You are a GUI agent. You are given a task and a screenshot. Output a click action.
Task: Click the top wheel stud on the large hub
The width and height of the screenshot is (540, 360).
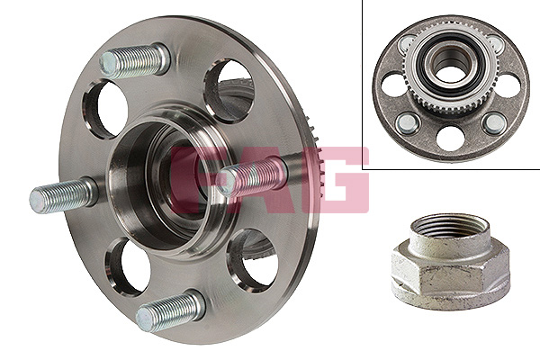pyautogui.click(x=134, y=61)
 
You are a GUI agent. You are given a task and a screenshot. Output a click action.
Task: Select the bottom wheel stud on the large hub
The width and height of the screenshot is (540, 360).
pyautogui.click(x=170, y=310)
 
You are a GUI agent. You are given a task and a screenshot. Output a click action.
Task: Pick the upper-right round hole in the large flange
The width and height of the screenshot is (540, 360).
pyautogui.click(x=229, y=90)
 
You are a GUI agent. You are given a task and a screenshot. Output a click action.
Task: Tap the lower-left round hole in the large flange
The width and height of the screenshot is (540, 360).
pyautogui.click(x=128, y=266)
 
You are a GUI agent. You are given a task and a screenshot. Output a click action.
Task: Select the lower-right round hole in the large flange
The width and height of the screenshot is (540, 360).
pyautogui.click(x=253, y=260)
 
